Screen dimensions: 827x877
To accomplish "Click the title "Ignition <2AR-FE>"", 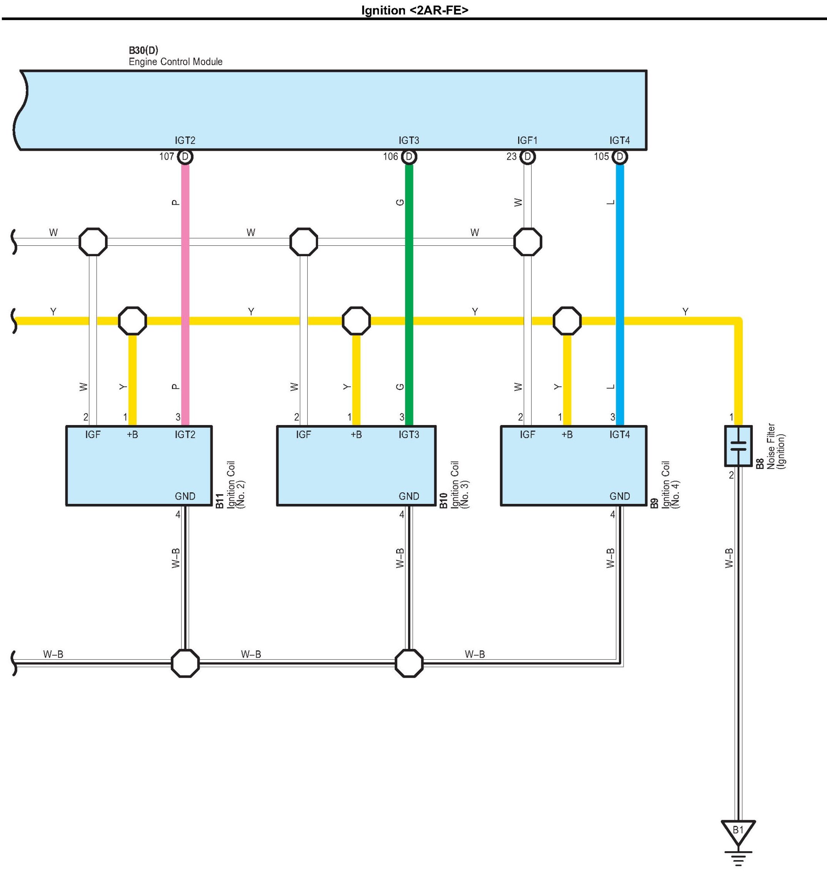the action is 415,10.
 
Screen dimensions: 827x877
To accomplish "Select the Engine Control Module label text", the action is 175,62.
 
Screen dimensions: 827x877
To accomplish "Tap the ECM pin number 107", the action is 167,157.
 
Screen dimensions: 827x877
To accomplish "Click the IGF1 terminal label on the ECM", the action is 527,140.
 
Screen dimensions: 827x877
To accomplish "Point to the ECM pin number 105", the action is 601,157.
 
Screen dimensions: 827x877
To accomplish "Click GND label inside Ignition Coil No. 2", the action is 185,496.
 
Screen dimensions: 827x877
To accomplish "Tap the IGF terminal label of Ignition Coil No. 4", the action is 527,435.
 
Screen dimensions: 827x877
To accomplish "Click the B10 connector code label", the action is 444,501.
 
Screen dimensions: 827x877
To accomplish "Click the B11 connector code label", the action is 220,501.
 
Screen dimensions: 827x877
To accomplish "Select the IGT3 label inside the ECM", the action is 409,140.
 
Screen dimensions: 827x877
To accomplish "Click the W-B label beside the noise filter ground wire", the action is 729,558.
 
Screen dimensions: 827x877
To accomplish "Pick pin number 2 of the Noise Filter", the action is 731,475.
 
